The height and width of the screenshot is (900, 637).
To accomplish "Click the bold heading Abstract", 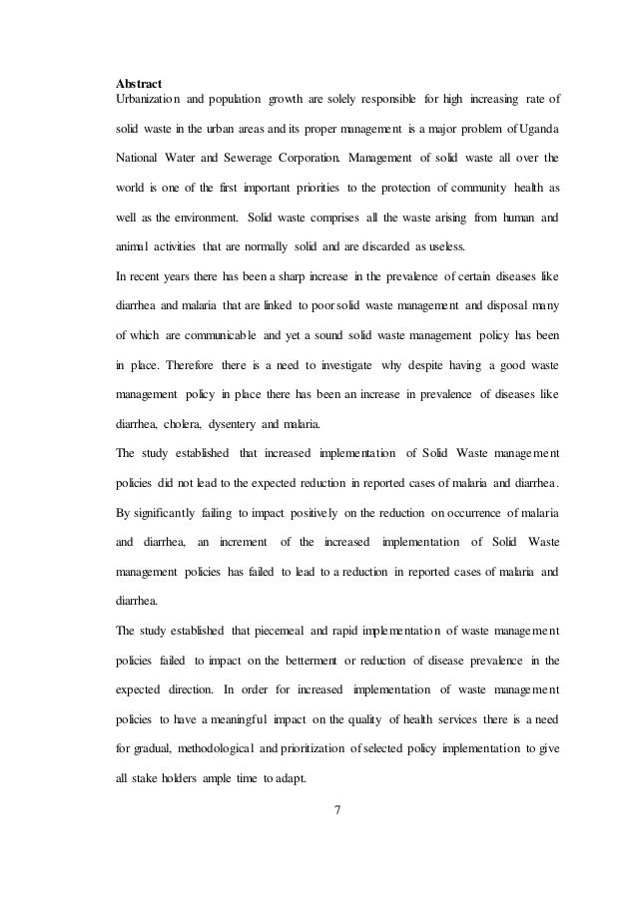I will [x=139, y=83].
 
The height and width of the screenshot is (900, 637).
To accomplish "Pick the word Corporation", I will [x=310, y=158].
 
